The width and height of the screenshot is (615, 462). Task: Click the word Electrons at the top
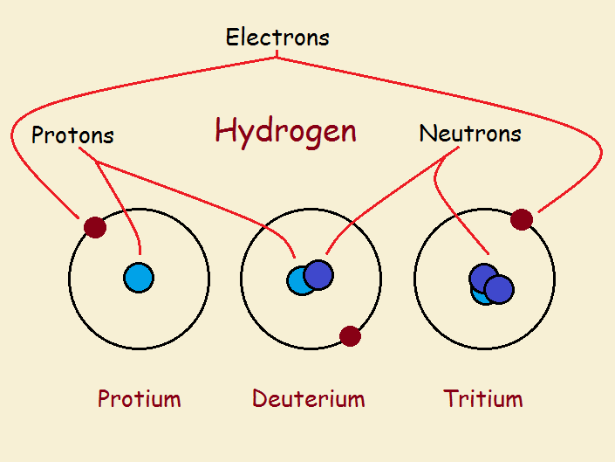point(277,38)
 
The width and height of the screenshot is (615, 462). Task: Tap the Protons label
point(72,134)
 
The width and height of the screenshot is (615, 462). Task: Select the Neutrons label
point(470,133)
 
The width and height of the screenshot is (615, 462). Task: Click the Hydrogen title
point(286,132)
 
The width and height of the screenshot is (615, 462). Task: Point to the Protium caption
point(140,398)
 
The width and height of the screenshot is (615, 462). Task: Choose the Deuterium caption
point(308,398)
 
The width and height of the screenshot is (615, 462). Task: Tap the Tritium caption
point(483,398)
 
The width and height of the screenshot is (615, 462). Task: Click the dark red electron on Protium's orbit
point(95,227)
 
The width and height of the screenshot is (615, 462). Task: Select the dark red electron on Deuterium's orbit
point(350,336)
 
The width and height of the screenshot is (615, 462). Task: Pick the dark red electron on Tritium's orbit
point(522,219)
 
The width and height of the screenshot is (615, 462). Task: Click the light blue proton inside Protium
point(139,278)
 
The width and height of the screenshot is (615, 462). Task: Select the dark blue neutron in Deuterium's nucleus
point(318,275)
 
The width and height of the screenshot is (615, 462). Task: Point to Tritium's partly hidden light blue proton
point(479,296)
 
